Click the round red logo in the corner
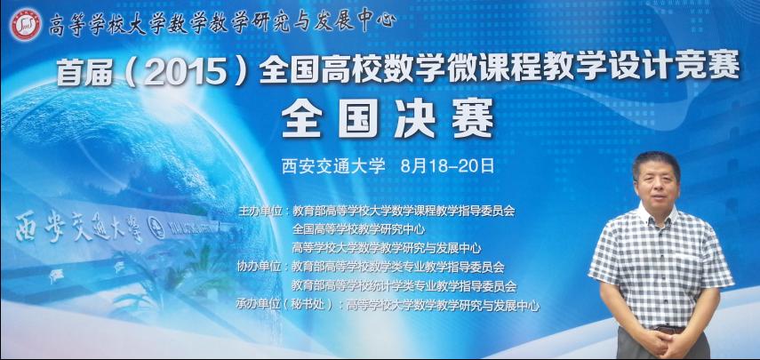[x=25, y=24]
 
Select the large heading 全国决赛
[x=388, y=118]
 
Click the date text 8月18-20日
[x=447, y=166]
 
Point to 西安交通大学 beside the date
[x=333, y=166]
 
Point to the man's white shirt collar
[x=658, y=213]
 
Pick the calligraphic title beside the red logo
[x=222, y=23]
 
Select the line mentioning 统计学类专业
[x=404, y=286]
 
